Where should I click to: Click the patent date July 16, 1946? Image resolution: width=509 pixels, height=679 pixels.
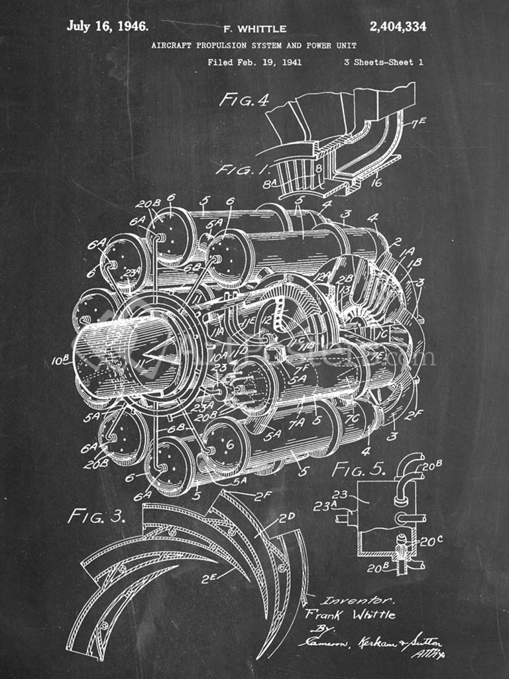click(x=107, y=27)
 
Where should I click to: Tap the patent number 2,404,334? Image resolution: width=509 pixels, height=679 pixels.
click(x=398, y=27)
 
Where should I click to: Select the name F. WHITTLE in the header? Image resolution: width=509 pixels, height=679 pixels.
click(x=255, y=29)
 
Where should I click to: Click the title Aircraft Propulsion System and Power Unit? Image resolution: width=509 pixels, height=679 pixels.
click(x=254, y=46)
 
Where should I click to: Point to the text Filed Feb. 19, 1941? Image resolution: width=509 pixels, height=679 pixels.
click(x=254, y=62)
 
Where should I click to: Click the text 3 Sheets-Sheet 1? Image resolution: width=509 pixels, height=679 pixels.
click(x=383, y=62)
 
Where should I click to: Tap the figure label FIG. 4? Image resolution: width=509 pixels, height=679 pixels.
click(x=245, y=100)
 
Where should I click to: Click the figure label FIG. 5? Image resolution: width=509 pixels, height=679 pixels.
click(x=359, y=469)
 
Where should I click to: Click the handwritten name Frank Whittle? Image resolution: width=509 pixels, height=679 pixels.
click(x=350, y=615)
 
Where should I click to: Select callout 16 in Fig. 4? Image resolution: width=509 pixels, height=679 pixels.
click(x=376, y=182)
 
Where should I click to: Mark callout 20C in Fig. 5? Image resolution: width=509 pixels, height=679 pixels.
click(x=427, y=541)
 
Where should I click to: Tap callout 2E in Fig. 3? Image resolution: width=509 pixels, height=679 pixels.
click(x=210, y=578)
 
